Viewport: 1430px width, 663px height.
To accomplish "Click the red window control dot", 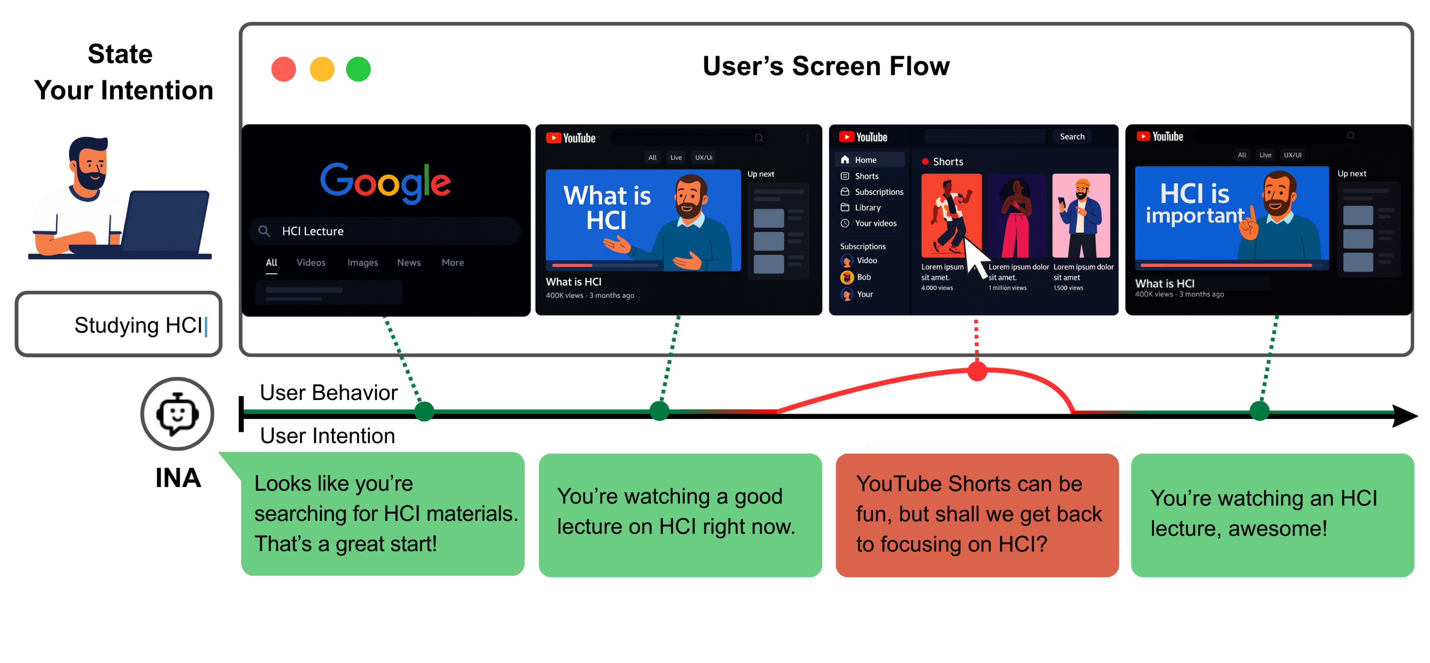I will point(283,69).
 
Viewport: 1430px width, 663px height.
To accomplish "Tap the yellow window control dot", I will point(322,69).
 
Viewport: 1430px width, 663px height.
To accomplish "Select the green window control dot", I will point(358,69).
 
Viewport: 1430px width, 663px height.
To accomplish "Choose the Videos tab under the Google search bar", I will point(311,263).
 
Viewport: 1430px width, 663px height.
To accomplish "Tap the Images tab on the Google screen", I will point(362,263).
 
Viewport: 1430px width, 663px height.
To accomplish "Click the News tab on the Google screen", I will point(409,263).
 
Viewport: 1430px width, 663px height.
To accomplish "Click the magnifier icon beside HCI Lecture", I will point(264,231).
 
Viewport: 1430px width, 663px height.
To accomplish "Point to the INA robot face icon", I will point(177,414).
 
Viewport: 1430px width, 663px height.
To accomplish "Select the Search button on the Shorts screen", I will point(1071,136).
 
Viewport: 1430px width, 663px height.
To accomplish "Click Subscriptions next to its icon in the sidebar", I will point(879,192).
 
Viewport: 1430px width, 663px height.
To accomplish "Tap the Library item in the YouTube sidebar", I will point(867,208).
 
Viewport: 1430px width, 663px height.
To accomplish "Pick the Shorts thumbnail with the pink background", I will point(1081,216).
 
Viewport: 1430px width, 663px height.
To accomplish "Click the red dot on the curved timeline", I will point(977,370).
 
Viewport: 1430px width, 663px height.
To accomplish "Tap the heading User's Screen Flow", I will point(826,66).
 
